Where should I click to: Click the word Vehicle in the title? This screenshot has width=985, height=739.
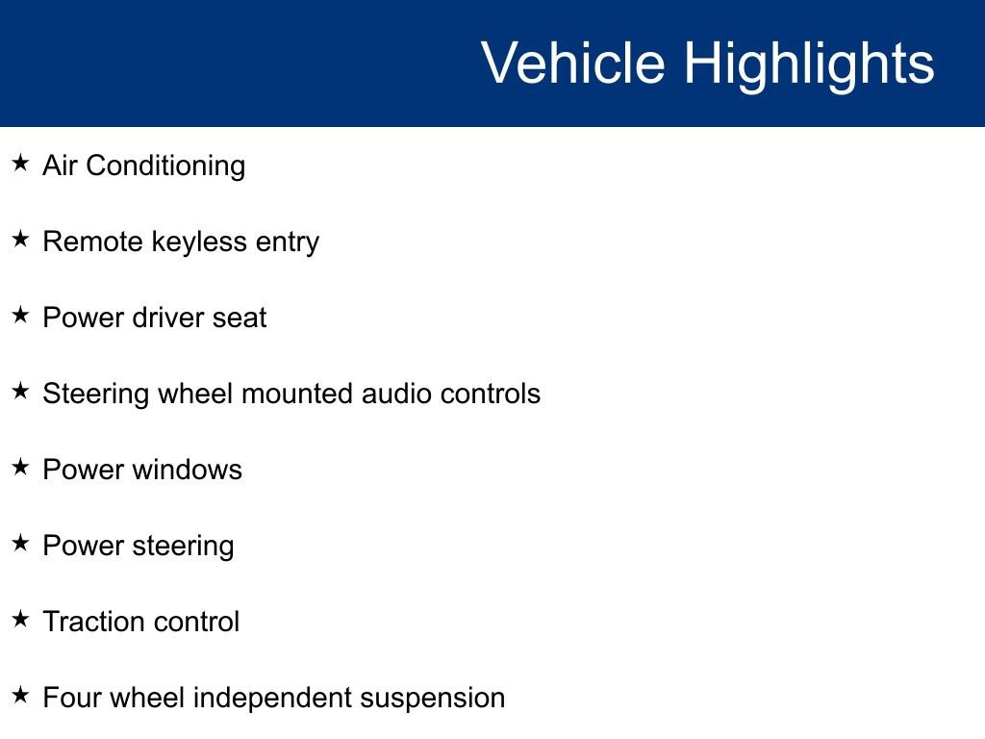click(573, 62)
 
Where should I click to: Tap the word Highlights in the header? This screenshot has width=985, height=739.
click(809, 65)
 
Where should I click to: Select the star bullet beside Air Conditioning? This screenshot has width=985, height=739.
click(20, 163)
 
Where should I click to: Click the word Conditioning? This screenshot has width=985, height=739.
click(165, 166)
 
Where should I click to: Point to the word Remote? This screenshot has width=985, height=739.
click(93, 242)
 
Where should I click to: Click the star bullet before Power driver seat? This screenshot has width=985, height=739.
click(20, 315)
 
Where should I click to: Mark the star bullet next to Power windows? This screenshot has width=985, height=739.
click(20, 467)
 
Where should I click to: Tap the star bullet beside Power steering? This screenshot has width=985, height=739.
click(20, 543)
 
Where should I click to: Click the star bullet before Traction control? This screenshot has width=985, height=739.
click(20, 619)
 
